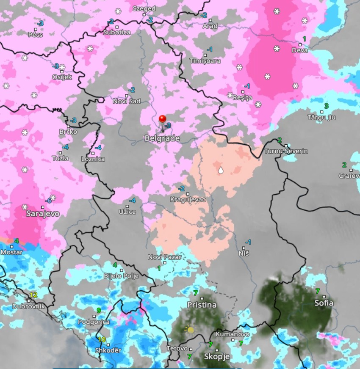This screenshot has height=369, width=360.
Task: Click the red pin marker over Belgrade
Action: click(x=162, y=119)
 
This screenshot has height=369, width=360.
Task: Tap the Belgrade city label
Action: click(x=162, y=138)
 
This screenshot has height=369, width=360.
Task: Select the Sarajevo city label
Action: click(x=43, y=214)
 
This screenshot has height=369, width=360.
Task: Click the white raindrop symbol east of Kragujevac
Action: click(x=220, y=171)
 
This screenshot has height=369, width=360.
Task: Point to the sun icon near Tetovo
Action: click(x=190, y=329)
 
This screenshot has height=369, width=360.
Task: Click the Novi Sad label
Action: click(x=126, y=101)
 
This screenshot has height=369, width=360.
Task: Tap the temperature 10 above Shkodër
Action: click(x=102, y=339)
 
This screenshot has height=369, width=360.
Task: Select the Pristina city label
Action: click(x=202, y=305)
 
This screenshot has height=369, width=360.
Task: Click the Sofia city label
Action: click(x=324, y=303)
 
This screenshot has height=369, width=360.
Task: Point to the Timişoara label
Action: click(x=205, y=61)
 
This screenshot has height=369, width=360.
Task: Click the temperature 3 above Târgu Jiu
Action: click(x=326, y=106)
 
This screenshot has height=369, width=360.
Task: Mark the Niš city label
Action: click(x=244, y=253)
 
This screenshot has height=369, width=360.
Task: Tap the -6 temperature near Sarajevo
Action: click(x=48, y=201)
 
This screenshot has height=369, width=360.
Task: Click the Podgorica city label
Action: click(x=94, y=322)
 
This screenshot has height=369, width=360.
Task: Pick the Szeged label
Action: click(x=144, y=8)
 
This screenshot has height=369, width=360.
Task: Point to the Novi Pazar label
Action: click(x=164, y=257)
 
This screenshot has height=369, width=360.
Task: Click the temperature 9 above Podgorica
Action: click(x=99, y=311)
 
